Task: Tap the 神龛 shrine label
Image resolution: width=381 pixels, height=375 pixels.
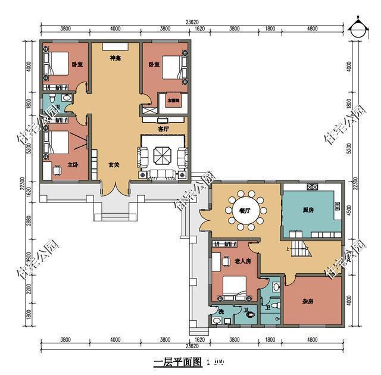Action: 115,58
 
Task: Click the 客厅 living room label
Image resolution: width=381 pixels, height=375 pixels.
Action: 164,128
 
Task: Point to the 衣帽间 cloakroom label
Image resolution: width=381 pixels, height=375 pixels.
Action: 173,101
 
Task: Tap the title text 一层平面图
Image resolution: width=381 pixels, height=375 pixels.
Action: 175,362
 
